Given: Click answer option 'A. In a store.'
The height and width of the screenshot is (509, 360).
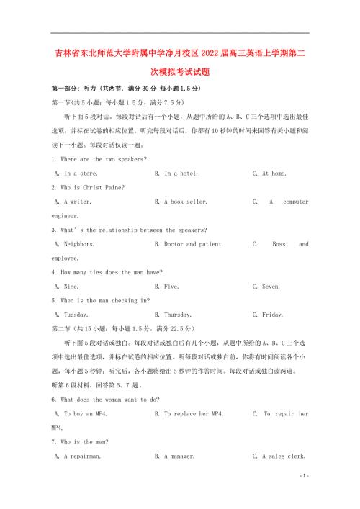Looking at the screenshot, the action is click(76, 174).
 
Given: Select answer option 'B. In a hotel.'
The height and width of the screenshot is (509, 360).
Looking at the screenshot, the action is click(176, 174).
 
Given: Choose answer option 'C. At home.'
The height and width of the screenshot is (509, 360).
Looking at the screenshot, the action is click(269, 174).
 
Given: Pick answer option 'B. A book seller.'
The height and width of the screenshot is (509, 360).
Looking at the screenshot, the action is click(181, 202).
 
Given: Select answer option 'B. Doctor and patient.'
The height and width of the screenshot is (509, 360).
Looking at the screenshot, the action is click(189, 244).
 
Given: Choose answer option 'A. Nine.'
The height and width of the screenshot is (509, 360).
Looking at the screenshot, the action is click(66, 287).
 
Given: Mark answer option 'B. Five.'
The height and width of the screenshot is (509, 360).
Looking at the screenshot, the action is click(167, 287).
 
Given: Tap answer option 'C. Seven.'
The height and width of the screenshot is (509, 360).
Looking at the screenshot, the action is click(266, 287).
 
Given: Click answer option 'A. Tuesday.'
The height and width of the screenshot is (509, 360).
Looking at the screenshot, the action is click(71, 315).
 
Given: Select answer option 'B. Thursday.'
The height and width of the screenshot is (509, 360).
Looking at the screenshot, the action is click(173, 315).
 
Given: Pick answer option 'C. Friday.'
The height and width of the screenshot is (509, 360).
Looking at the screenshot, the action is click(268, 315).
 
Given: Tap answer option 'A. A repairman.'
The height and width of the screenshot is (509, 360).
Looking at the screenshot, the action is click(77, 456).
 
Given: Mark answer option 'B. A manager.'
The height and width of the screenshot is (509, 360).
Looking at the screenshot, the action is click(177, 456).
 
